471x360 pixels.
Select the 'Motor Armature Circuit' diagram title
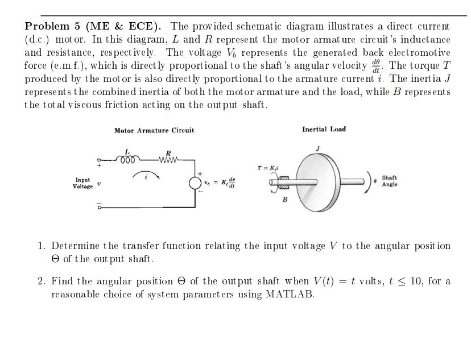tap(154, 130)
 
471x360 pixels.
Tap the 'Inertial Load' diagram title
tap(324, 129)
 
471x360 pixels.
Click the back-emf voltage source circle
tap(195, 183)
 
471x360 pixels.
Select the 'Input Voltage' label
tap(82, 183)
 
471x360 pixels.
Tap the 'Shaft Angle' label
tap(390, 181)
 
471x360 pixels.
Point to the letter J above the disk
tap(317, 148)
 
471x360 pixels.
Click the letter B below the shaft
tap(285, 200)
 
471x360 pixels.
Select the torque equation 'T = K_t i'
tap(267, 168)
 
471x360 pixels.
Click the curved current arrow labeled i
tap(146, 174)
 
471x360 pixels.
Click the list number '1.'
tap(42, 246)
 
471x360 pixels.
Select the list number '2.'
tap(42, 282)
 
